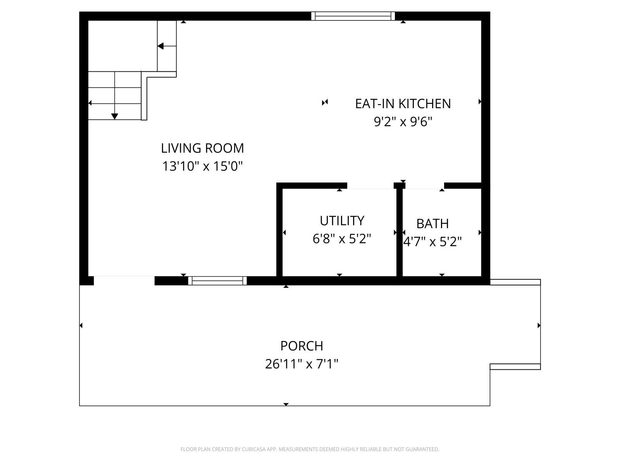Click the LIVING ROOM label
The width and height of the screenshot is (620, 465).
point(202,148)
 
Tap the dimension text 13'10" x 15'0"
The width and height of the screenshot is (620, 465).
point(202,166)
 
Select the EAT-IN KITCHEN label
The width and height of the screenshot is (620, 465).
point(403,103)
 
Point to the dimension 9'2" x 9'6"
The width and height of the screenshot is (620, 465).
point(403,122)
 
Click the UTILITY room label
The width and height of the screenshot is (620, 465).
point(342,220)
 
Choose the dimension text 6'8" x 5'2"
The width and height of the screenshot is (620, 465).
point(342,239)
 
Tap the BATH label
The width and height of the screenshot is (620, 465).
point(432,224)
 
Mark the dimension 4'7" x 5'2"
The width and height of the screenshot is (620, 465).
point(432,242)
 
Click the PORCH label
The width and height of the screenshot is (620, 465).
point(301,346)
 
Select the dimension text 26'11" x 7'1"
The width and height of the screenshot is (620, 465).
point(301,364)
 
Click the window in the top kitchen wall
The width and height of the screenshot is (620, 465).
point(353,16)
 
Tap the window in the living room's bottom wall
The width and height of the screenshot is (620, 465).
point(217,281)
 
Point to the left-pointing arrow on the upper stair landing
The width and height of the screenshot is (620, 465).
point(160,46)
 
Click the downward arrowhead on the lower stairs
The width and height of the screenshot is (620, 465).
point(114,116)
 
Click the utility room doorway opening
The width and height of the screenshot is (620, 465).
point(370,186)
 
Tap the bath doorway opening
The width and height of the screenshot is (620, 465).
point(424,186)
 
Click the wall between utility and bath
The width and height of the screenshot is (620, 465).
point(400,232)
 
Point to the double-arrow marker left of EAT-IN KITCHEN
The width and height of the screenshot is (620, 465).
point(325,102)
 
